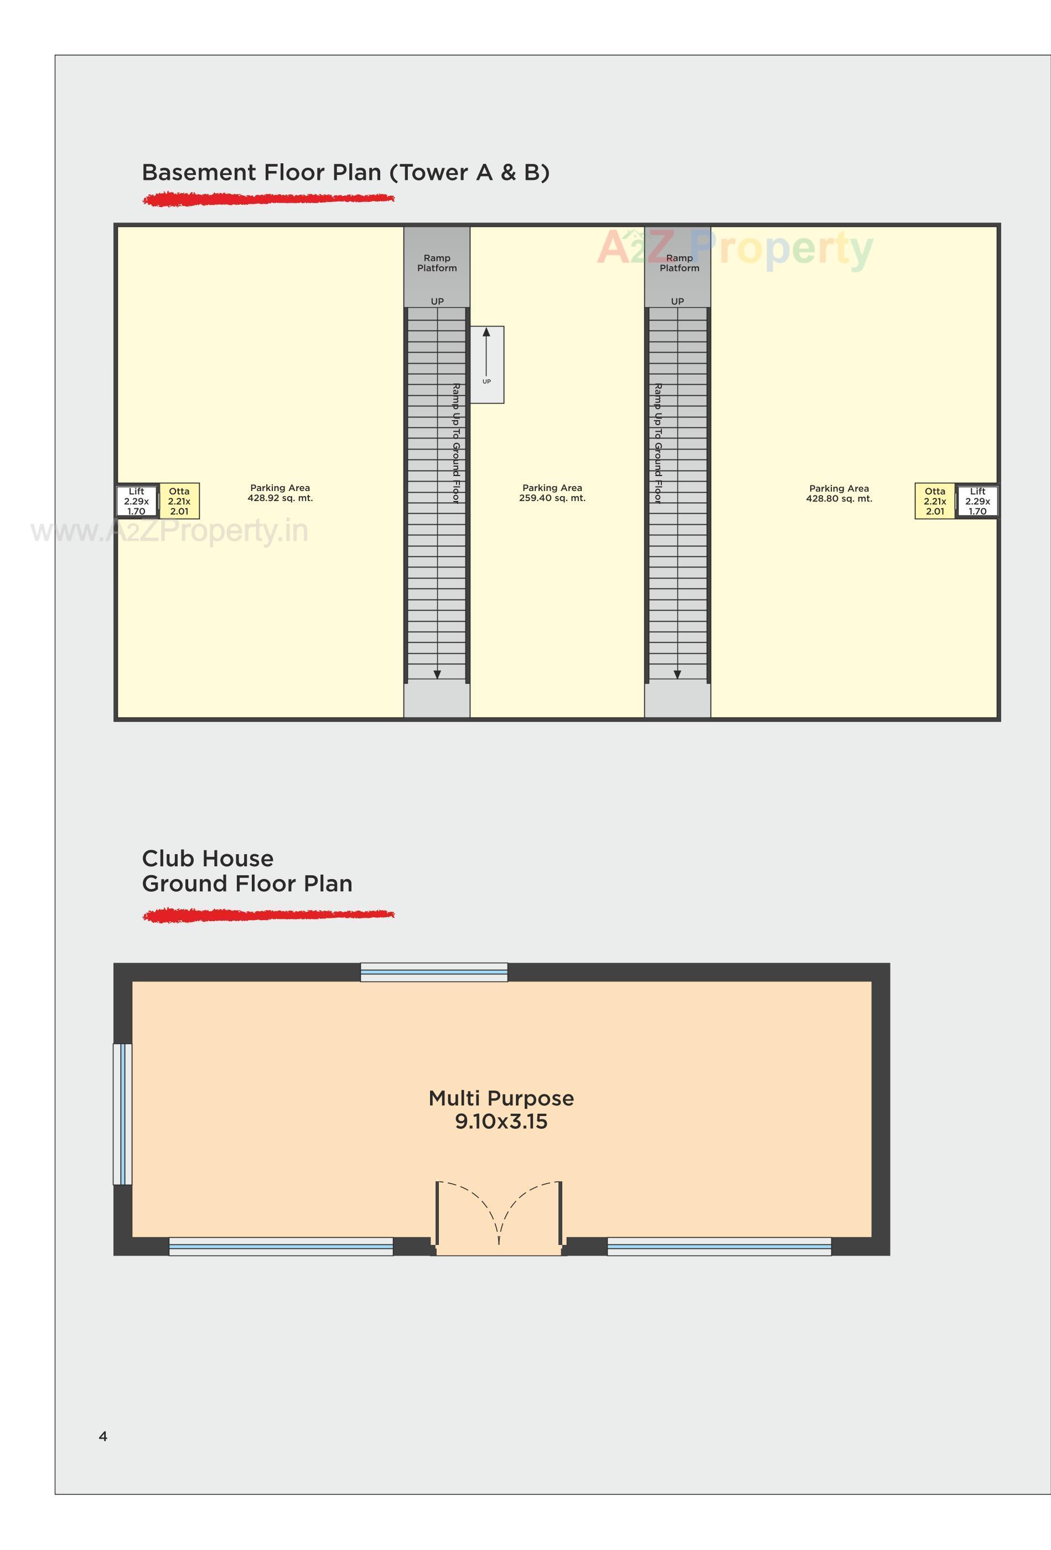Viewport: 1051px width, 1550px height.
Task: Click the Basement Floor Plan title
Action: click(345, 173)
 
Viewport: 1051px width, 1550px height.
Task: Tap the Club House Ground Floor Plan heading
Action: click(247, 870)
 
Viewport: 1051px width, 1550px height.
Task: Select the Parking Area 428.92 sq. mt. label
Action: click(280, 493)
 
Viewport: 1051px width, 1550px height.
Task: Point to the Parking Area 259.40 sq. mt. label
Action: click(552, 493)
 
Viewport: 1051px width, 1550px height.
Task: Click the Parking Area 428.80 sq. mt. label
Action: click(839, 494)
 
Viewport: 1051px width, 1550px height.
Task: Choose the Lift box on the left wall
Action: click(137, 501)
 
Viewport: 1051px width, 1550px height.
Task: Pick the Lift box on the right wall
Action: click(977, 501)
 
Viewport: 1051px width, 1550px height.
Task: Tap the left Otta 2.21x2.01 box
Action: click(179, 501)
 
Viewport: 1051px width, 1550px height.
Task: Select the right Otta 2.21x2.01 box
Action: click(934, 501)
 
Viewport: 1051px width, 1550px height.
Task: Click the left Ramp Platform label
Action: click(437, 263)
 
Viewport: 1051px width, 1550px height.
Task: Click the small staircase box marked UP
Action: click(487, 364)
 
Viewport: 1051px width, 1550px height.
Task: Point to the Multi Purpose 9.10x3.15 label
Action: click(501, 1110)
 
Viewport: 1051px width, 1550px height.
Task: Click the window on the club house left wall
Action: click(123, 1114)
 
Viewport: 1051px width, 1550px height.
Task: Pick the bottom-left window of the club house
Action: click(281, 1246)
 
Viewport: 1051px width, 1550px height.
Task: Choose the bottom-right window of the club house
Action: click(719, 1246)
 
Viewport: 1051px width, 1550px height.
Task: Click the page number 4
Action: click(103, 1436)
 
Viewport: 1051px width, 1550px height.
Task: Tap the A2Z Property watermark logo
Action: click(733, 249)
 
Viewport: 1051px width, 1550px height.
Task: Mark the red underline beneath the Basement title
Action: click(268, 199)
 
